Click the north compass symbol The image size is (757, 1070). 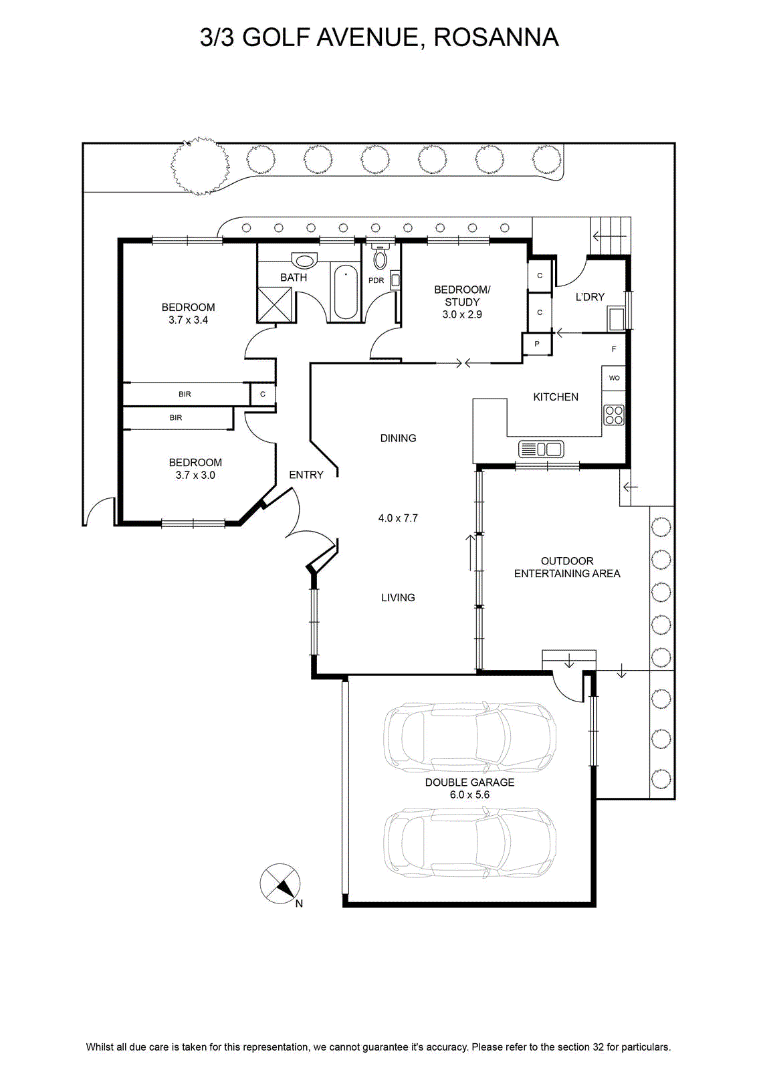click(280, 883)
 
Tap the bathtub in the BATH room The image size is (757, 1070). click(346, 293)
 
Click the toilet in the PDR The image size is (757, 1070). click(380, 257)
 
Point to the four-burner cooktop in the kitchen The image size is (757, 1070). click(614, 415)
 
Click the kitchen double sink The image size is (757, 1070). click(541, 449)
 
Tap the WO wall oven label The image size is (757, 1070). click(614, 378)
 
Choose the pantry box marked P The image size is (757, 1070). click(537, 344)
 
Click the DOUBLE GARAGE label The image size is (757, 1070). click(469, 782)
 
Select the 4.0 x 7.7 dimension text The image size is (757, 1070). click(398, 518)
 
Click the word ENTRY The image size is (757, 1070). click(306, 474)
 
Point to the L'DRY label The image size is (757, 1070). click(590, 297)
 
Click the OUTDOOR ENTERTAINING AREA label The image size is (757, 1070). click(567, 567)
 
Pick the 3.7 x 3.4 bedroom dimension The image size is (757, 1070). click(188, 320)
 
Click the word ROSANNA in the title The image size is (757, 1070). click(496, 37)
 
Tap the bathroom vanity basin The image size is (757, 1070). click(304, 260)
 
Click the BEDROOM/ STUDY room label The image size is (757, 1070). click(462, 302)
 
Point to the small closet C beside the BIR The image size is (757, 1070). click(263, 395)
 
